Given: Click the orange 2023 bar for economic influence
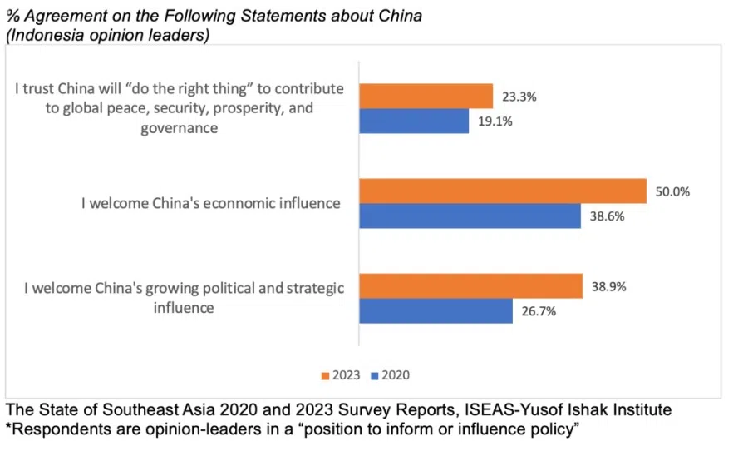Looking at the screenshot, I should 502,191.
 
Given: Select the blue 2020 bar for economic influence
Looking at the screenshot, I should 470,216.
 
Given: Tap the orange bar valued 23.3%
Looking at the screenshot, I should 426,97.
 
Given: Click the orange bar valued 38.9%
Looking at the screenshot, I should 470,286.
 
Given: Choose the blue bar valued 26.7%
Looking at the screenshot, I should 436,311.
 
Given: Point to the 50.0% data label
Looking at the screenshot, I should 672,191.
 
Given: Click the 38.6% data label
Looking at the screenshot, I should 607,216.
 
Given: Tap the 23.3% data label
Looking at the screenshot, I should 519,97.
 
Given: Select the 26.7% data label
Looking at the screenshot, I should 538,311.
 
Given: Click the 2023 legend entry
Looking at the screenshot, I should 341,375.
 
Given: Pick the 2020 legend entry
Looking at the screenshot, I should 390,375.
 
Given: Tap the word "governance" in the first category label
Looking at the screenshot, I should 179,128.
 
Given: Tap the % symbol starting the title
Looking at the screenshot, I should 12,15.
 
